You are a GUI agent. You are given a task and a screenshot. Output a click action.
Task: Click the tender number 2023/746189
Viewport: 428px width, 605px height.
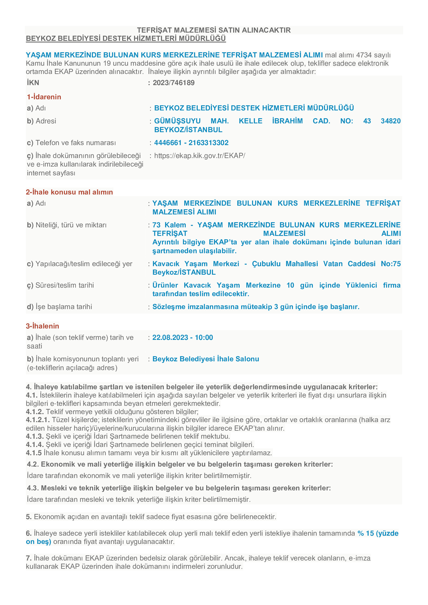(x=173, y=83)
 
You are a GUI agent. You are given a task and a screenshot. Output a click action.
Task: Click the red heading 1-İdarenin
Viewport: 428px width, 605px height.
(x=44, y=97)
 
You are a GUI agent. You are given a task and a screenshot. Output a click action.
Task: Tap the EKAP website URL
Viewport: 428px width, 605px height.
(x=200, y=156)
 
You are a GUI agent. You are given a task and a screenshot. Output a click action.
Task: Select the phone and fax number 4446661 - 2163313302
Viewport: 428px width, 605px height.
(x=191, y=143)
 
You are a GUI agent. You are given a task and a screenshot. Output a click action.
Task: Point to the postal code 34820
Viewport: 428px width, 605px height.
(x=390, y=121)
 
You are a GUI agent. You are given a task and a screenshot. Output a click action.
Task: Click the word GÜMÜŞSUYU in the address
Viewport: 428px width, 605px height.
(x=177, y=121)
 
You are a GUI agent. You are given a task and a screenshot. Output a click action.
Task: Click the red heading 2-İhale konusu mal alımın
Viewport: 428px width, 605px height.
(x=69, y=192)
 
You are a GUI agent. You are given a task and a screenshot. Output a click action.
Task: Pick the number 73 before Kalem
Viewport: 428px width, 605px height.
(x=156, y=225)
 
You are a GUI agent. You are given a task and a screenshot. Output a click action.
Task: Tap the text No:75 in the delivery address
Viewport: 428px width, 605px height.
(x=390, y=264)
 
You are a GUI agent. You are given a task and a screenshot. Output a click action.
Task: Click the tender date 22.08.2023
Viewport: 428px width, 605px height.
(x=170, y=338)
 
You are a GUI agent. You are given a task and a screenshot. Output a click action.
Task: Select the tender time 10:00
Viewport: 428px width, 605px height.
(x=204, y=338)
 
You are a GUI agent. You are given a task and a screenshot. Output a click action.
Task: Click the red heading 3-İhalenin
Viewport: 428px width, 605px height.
(x=42, y=326)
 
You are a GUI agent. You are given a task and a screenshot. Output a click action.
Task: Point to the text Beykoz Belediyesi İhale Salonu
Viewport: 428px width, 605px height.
(x=205, y=359)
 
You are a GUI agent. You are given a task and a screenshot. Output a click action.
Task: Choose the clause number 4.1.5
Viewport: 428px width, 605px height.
(x=34, y=453)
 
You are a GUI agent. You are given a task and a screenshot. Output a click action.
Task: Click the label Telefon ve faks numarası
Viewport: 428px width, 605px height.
(x=76, y=143)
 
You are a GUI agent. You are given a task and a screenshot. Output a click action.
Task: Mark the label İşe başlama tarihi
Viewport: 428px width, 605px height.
(x=64, y=307)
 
